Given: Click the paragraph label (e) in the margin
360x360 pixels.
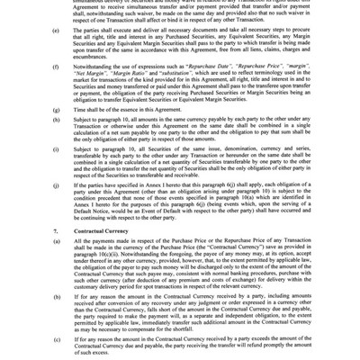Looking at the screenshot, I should click(x=57, y=53).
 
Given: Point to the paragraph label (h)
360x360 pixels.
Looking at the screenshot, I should click(x=57, y=144).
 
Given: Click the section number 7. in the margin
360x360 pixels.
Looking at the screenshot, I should click(x=56, y=256).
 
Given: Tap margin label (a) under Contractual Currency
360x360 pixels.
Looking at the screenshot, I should click(x=57, y=267).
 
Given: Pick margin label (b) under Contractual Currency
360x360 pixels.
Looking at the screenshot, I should click(x=57, y=319).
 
